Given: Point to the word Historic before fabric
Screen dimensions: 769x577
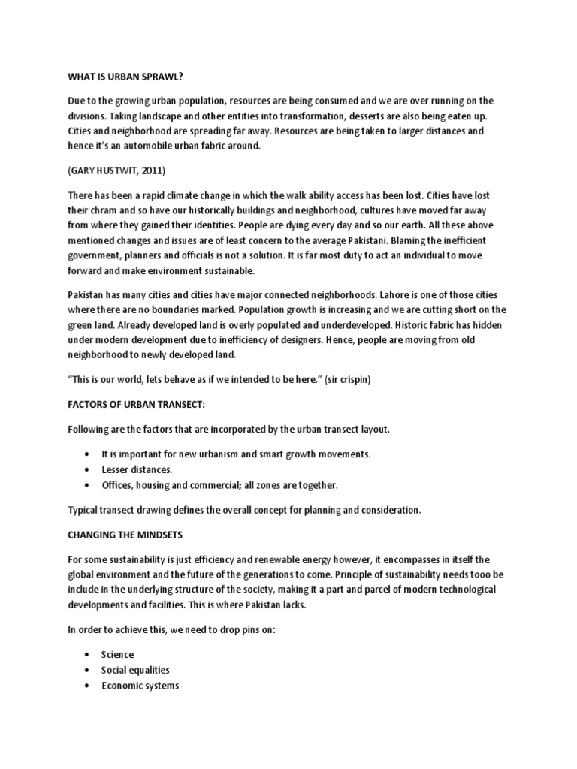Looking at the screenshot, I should [x=379, y=325].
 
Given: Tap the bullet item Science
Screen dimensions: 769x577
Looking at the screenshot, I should [x=118, y=655].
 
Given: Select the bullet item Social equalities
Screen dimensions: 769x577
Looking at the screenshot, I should [x=135, y=670].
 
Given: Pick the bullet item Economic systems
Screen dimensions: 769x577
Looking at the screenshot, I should [x=140, y=686].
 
